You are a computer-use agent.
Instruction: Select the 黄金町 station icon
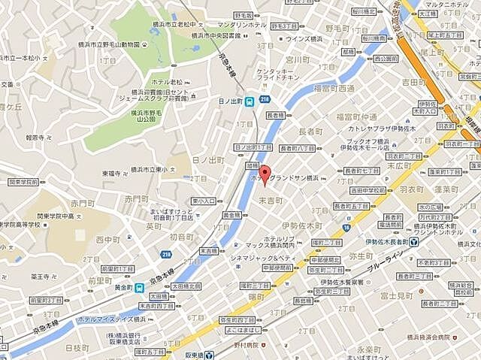click(x=139, y=288)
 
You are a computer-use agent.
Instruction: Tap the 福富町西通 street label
click(x=335, y=88)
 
